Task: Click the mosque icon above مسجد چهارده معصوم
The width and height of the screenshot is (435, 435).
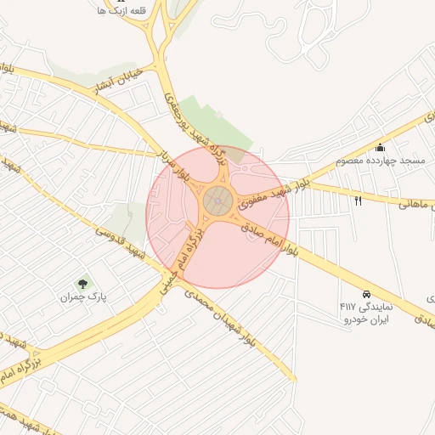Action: [380, 147]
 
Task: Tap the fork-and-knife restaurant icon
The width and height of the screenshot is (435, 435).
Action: [358, 201]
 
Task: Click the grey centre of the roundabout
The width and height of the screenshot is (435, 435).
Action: [217, 202]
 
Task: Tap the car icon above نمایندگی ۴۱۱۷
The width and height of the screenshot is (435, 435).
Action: [365, 292]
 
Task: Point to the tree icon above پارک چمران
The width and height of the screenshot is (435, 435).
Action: [82, 284]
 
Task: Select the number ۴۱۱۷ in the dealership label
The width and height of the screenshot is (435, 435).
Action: [350, 306]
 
